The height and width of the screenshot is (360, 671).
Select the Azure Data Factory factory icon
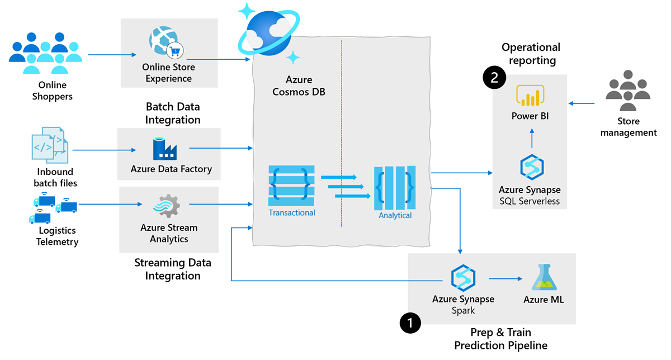pos(165,149)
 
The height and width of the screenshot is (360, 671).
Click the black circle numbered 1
pos(410,323)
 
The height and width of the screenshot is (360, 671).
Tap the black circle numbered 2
pos(494,78)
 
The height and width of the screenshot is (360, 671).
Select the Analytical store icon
pos(395,186)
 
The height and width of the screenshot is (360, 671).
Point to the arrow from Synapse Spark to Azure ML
pos(505,278)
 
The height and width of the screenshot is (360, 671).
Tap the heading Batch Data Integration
pos(173,113)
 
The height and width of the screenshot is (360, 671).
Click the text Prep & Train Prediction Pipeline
pos(500,339)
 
